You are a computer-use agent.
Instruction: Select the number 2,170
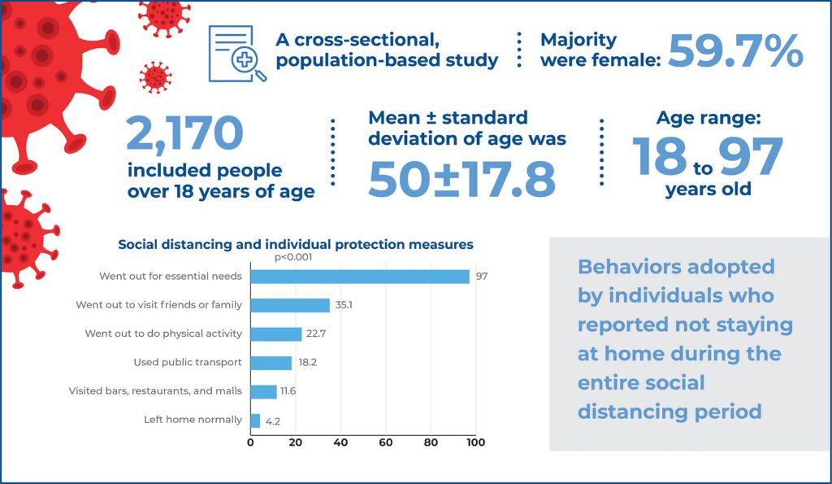click(x=184, y=133)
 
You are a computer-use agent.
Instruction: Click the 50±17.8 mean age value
click(x=461, y=179)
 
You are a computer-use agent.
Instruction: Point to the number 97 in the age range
click(x=750, y=157)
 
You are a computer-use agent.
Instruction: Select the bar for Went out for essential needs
click(x=359, y=277)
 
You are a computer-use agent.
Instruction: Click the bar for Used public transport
click(x=271, y=363)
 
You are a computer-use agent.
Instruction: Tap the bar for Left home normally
click(x=255, y=421)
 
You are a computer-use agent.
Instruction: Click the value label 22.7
click(x=318, y=334)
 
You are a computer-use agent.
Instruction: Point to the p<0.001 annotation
click(x=293, y=258)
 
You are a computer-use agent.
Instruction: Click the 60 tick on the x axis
click(x=385, y=443)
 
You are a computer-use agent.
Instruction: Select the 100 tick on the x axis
click(x=475, y=443)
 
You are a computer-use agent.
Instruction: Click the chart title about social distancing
click(x=296, y=244)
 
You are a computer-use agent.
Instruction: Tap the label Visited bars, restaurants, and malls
click(x=155, y=391)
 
